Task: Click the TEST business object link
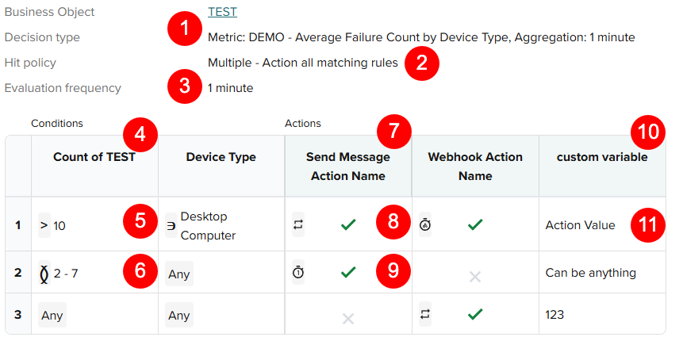tap(222, 12)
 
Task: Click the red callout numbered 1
tap(185, 30)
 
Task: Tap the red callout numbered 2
tap(422, 63)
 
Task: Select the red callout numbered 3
tap(185, 86)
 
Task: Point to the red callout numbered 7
tap(394, 130)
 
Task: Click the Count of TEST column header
tap(94, 157)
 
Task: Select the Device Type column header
tap(221, 157)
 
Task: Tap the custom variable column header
tap(602, 157)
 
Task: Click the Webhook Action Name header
tap(475, 166)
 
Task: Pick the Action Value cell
tap(580, 225)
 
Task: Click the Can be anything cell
tap(590, 273)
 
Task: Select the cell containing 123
tap(554, 315)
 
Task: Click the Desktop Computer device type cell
tap(204, 225)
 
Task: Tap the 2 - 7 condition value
tap(65, 274)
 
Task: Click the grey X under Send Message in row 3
tap(347, 318)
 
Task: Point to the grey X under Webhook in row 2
tap(475, 276)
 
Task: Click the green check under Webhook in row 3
tap(475, 315)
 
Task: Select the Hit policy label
tap(30, 63)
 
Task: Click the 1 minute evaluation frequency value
tap(230, 88)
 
